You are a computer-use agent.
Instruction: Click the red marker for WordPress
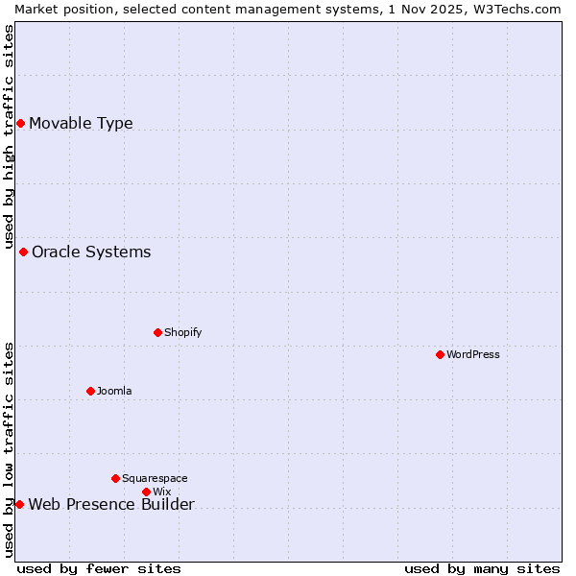point(440,354)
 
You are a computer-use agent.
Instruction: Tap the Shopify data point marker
point(157,332)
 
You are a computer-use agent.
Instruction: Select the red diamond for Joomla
point(90,391)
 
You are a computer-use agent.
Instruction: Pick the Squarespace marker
point(115,478)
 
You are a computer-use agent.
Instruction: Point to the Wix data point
point(146,492)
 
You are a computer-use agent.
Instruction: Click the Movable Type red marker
point(20,123)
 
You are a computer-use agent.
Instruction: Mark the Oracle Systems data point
point(23,252)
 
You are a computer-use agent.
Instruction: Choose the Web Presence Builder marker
point(19,504)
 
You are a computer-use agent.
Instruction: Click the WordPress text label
point(473,354)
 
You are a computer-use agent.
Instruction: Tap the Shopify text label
point(182,332)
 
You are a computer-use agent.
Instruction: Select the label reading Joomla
point(114,391)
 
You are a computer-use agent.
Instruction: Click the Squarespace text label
point(155,478)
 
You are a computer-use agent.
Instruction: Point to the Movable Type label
point(81,123)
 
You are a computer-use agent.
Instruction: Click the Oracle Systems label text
point(91,252)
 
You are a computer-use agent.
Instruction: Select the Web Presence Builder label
point(111,505)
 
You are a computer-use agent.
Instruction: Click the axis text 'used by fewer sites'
point(99,568)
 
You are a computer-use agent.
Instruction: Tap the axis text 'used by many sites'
point(482,568)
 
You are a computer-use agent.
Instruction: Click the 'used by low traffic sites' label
point(9,449)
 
